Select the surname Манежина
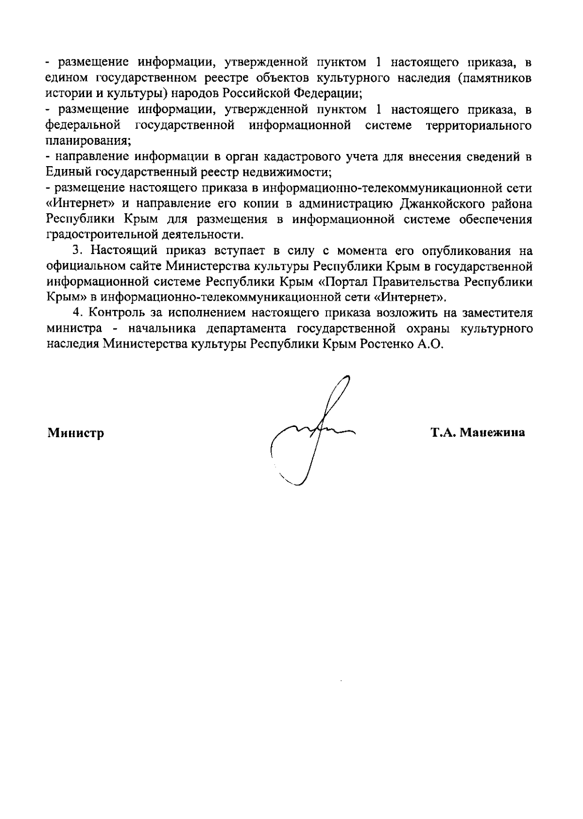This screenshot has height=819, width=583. pos(492,432)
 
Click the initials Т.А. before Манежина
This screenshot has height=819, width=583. pos(443,432)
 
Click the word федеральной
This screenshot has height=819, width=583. pos(83,125)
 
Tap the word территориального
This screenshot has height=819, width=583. pos(478,125)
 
